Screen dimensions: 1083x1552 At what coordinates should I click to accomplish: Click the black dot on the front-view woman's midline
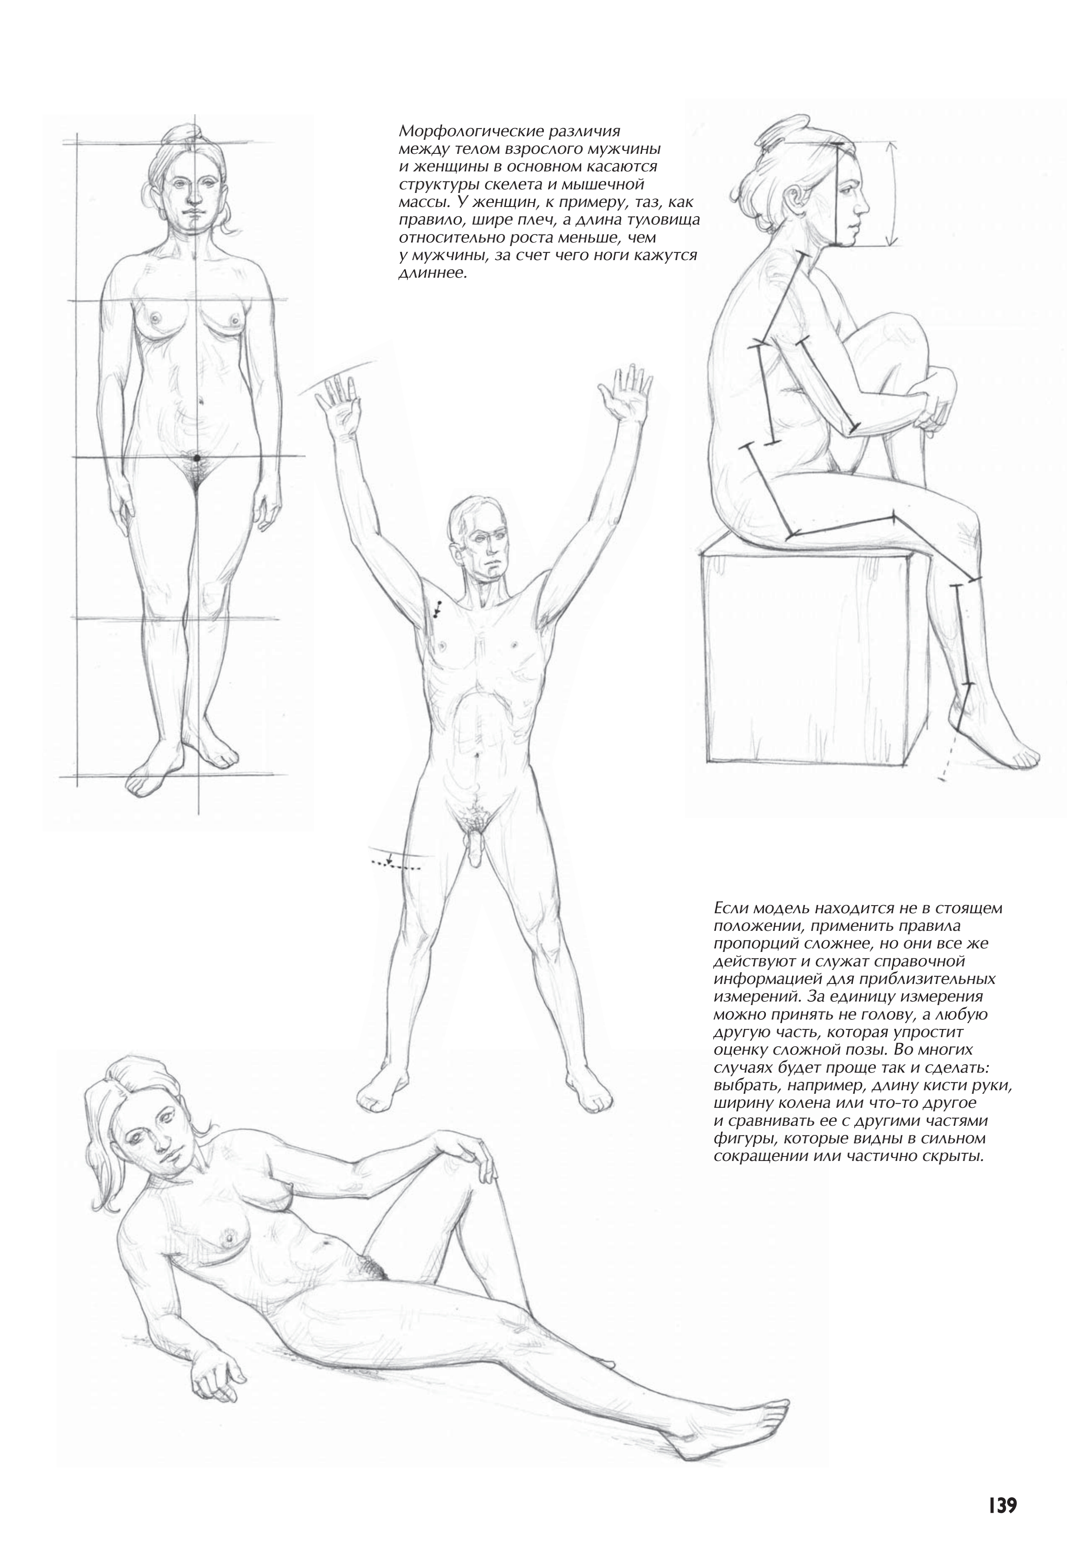[196, 458]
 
